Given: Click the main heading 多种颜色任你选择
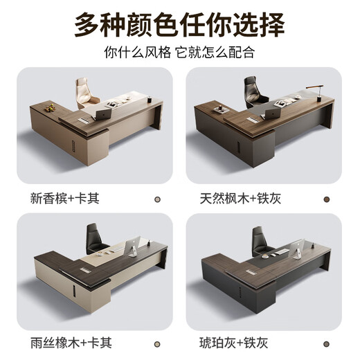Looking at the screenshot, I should [180, 25].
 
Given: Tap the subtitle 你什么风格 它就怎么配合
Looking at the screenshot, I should [180, 53].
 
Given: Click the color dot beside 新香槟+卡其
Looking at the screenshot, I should [157, 199].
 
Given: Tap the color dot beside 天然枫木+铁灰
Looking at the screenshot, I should [326, 199].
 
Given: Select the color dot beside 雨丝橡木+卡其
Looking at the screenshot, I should [157, 344].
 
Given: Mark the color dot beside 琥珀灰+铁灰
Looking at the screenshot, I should [326, 344].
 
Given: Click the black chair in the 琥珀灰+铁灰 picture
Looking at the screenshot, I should [260, 239].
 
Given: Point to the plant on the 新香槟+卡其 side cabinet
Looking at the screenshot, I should [48, 107].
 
